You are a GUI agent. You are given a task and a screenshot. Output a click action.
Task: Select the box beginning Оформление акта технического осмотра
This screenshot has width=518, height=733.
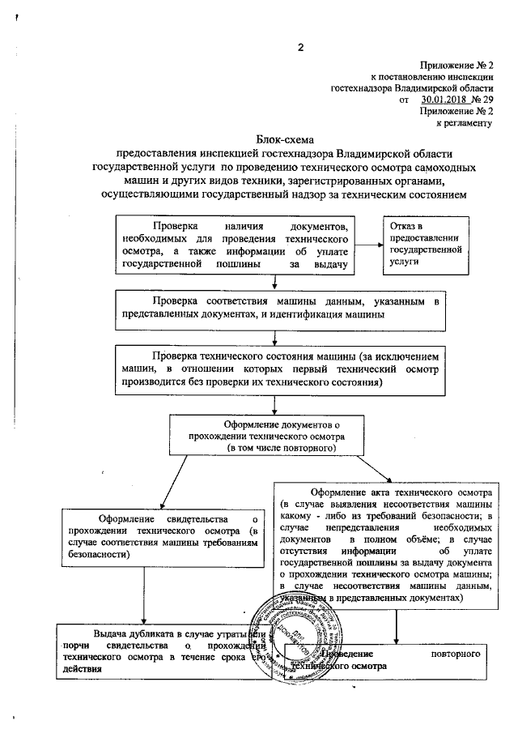pos(384,543)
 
